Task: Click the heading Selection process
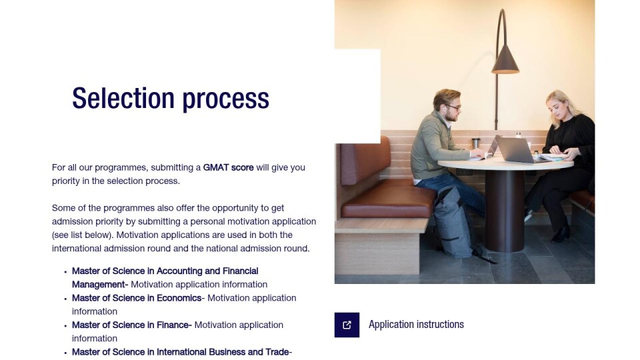pos(171,99)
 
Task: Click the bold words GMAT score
pos(228,167)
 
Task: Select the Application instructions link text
pos(416,325)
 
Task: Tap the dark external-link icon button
pos(347,325)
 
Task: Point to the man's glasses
pos(454,107)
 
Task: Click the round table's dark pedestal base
pos(505,211)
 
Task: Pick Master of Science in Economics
pos(137,298)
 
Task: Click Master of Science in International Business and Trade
pos(181,352)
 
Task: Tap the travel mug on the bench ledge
pos(476,143)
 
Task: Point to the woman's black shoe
pos(561,235)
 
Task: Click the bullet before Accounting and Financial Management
pos(65,271)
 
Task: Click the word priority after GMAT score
pos(66,181)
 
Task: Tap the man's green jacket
pos(433,145)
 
